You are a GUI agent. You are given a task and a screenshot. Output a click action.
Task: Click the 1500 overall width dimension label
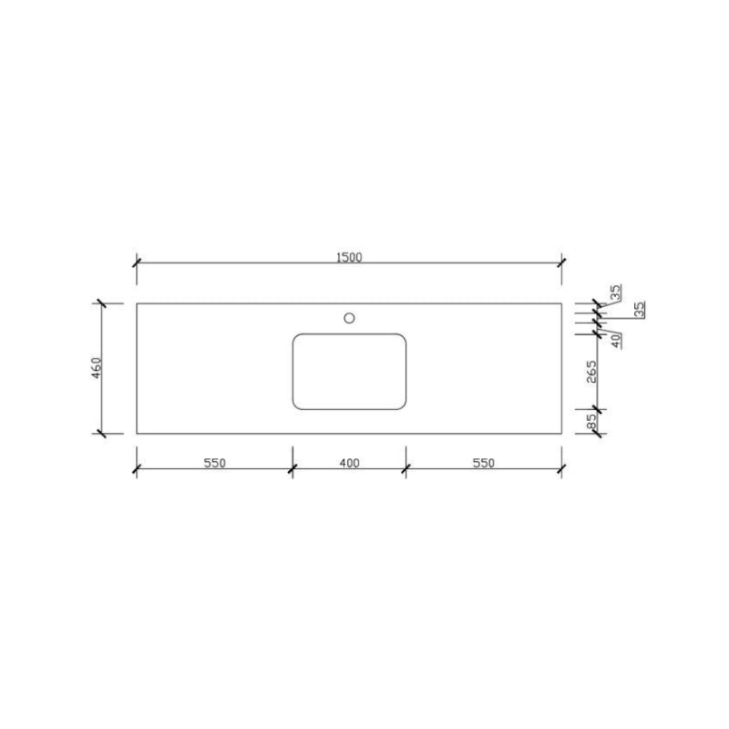click(x=349, y=257)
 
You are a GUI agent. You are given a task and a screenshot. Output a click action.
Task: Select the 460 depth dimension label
click(x=97, y=368)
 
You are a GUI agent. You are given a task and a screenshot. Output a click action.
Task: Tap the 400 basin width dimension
click(x=349, y=463)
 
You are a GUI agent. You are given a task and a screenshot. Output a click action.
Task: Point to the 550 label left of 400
click(x=215, y=463)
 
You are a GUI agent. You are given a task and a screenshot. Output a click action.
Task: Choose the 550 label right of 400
click(x=484, y=463)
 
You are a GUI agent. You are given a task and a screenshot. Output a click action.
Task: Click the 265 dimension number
click(x=590, y=372)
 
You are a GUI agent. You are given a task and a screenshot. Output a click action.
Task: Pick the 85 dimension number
click(x=590, y=421)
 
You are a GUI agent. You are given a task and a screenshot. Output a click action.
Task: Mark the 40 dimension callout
click(x=616, y=341)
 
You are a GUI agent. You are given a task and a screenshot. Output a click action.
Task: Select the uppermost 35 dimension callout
click(x=615, y=293)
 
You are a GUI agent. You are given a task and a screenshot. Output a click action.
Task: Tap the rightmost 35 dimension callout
click(x=640, y=310)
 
